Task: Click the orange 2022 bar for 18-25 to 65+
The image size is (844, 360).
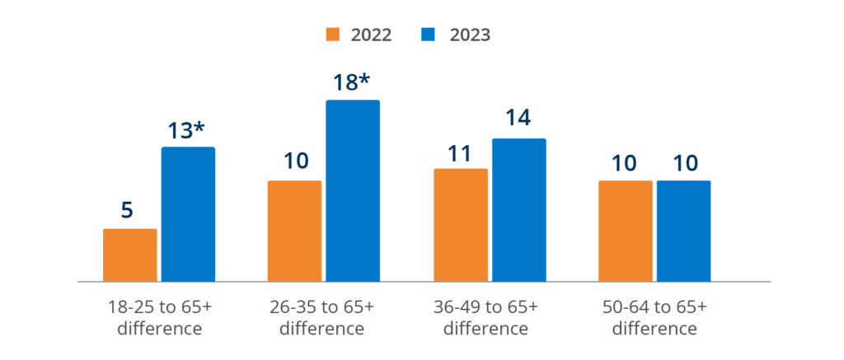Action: pos(130,255)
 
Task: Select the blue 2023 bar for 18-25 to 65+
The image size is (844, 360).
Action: pos(188,214)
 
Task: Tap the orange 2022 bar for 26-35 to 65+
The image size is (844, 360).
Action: pos(295,231)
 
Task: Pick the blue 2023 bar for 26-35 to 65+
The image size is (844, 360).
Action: pos(353,191)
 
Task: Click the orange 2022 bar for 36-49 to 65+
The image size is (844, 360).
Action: pos(461,225)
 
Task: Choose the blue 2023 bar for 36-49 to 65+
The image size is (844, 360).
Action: pos(518,209)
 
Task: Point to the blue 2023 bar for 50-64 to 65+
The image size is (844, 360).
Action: pos(683,231)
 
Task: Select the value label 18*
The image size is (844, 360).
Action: pos(353,83)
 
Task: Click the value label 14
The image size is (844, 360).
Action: pos(517,119)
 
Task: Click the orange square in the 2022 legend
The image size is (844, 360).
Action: pos(333,35)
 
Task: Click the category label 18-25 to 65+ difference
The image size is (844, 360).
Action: pos(159,317)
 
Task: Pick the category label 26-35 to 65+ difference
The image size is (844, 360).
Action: pos(322,317)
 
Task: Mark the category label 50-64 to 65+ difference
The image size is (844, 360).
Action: pos(654,317)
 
